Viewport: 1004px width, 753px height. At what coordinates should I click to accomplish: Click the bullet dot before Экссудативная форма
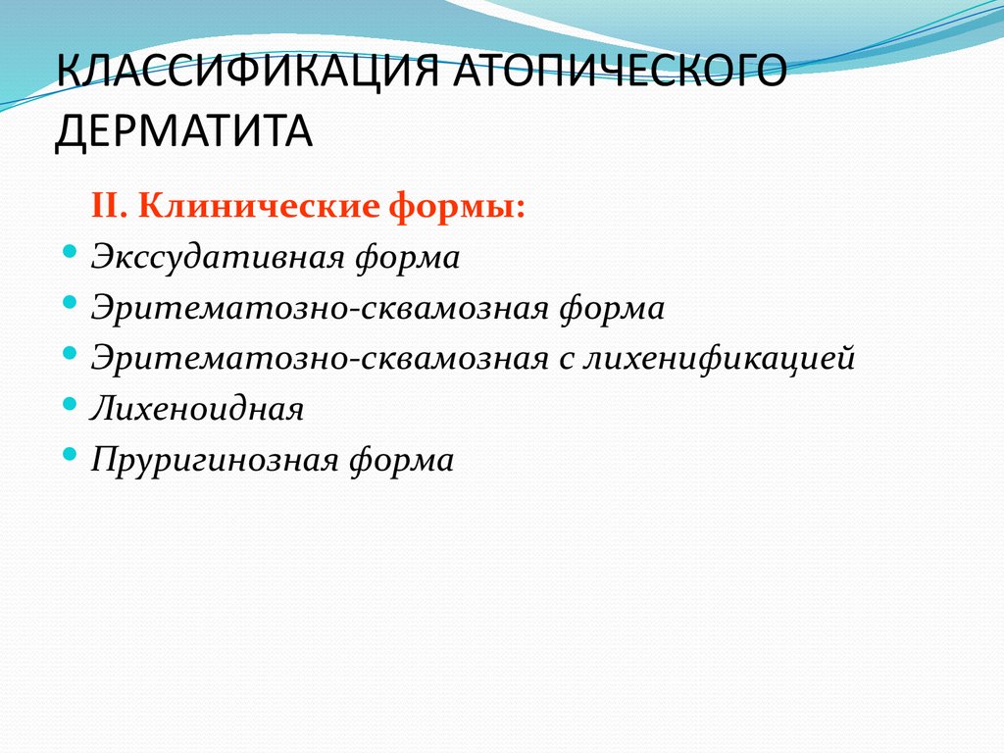(69, 252)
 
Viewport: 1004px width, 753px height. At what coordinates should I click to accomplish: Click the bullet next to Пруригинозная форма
(69, 454)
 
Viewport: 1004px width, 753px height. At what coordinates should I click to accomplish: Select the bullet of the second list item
(69, 303)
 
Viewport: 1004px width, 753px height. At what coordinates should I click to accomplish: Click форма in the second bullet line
(612, 309)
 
